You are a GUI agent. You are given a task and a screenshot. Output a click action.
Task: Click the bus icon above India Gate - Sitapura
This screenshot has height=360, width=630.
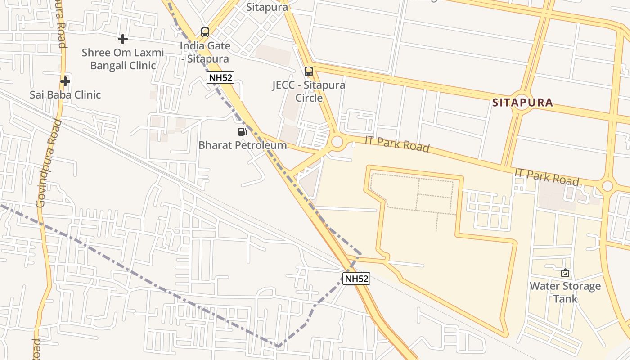pos(205,32)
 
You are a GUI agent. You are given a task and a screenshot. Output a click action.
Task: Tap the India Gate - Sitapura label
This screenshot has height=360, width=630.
pos(205,52)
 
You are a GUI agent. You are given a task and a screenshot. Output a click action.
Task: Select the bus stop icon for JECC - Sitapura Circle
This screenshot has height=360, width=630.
pos(309,72)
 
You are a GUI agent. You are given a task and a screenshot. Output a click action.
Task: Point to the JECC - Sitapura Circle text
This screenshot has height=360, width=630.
pos(309,91)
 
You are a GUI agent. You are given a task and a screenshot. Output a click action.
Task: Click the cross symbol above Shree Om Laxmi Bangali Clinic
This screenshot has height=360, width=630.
pos(122,39)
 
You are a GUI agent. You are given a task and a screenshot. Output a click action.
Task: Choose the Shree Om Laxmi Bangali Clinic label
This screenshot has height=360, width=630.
pos(123,59)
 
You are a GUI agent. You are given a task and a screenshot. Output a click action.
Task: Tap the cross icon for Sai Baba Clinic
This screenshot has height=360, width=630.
pos(65,81)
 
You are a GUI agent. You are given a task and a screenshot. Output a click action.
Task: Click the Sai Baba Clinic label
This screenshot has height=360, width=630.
pos(65,95)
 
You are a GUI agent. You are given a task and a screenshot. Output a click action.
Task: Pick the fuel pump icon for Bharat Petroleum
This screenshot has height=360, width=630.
pos(243,132)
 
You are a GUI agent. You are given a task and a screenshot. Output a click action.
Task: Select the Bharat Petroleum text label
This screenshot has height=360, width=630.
pos(243,145)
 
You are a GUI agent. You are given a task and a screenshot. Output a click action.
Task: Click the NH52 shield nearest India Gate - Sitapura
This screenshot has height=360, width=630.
pos(220,77)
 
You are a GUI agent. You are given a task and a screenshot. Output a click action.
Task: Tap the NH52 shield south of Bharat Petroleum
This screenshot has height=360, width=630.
pos(356,279)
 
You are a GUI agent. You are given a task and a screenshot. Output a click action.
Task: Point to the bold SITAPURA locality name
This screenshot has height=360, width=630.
pos(522,103)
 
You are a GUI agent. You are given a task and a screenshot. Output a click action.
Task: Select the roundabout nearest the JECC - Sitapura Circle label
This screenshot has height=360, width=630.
pos(337,142)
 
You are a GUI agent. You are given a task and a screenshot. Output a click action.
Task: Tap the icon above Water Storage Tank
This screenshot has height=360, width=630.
pos(565,273)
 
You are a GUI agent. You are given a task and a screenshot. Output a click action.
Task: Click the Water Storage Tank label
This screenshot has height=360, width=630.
pos(565,292)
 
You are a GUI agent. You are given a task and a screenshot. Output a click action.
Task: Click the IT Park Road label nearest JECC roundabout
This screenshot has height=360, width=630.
pos(397,144)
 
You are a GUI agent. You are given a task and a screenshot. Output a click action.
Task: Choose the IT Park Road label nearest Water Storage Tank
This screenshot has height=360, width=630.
pos(547,177)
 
